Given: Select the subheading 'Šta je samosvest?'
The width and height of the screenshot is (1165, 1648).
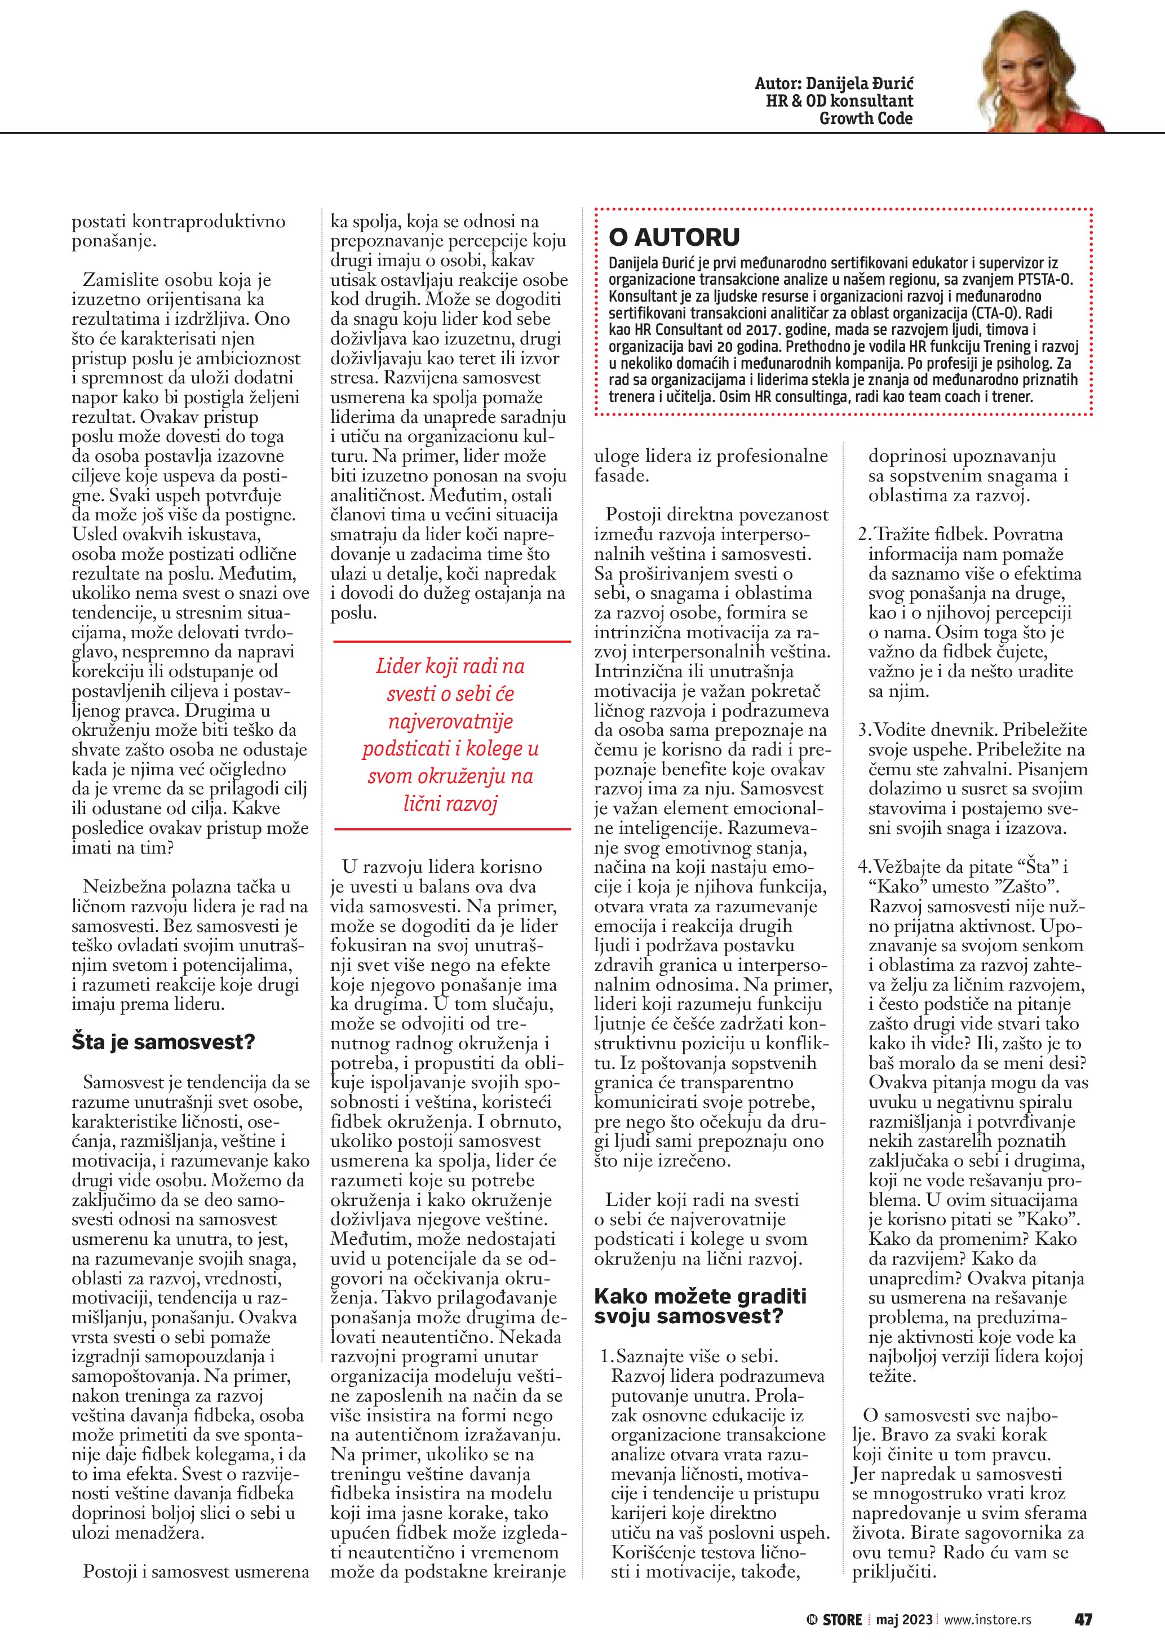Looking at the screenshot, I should click(163, 1041).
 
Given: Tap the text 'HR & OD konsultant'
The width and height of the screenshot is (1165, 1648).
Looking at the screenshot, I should click(839, 101).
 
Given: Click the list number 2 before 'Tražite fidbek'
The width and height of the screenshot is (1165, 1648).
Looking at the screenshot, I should click(863, 534).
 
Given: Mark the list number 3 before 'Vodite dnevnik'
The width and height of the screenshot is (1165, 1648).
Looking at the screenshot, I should click(863, 731).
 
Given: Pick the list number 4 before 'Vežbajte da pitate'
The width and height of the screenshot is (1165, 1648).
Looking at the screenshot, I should click(863, 867).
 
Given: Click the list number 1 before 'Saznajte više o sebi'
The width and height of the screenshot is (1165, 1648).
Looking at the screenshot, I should click(605, 1357).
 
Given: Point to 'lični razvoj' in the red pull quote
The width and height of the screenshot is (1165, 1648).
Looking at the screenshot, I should click(450, 804).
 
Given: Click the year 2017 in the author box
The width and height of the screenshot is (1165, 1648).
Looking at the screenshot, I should click(744, 329).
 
